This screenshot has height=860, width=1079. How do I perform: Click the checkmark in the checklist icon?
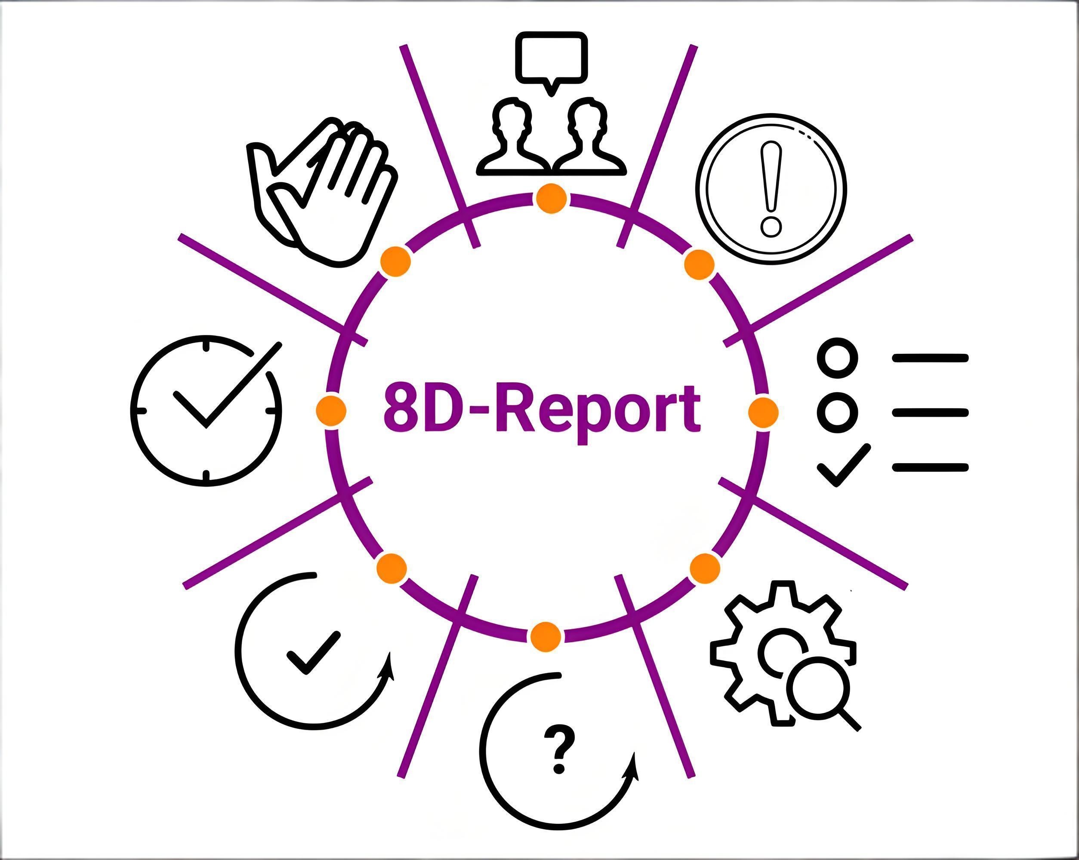click(x=844, y=466)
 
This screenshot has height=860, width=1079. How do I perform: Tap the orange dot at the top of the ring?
click(x=552, y=199)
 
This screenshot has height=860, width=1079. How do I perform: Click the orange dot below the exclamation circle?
click(x=700, y=264)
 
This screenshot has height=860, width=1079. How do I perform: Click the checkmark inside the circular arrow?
click(x=313, y=653)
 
